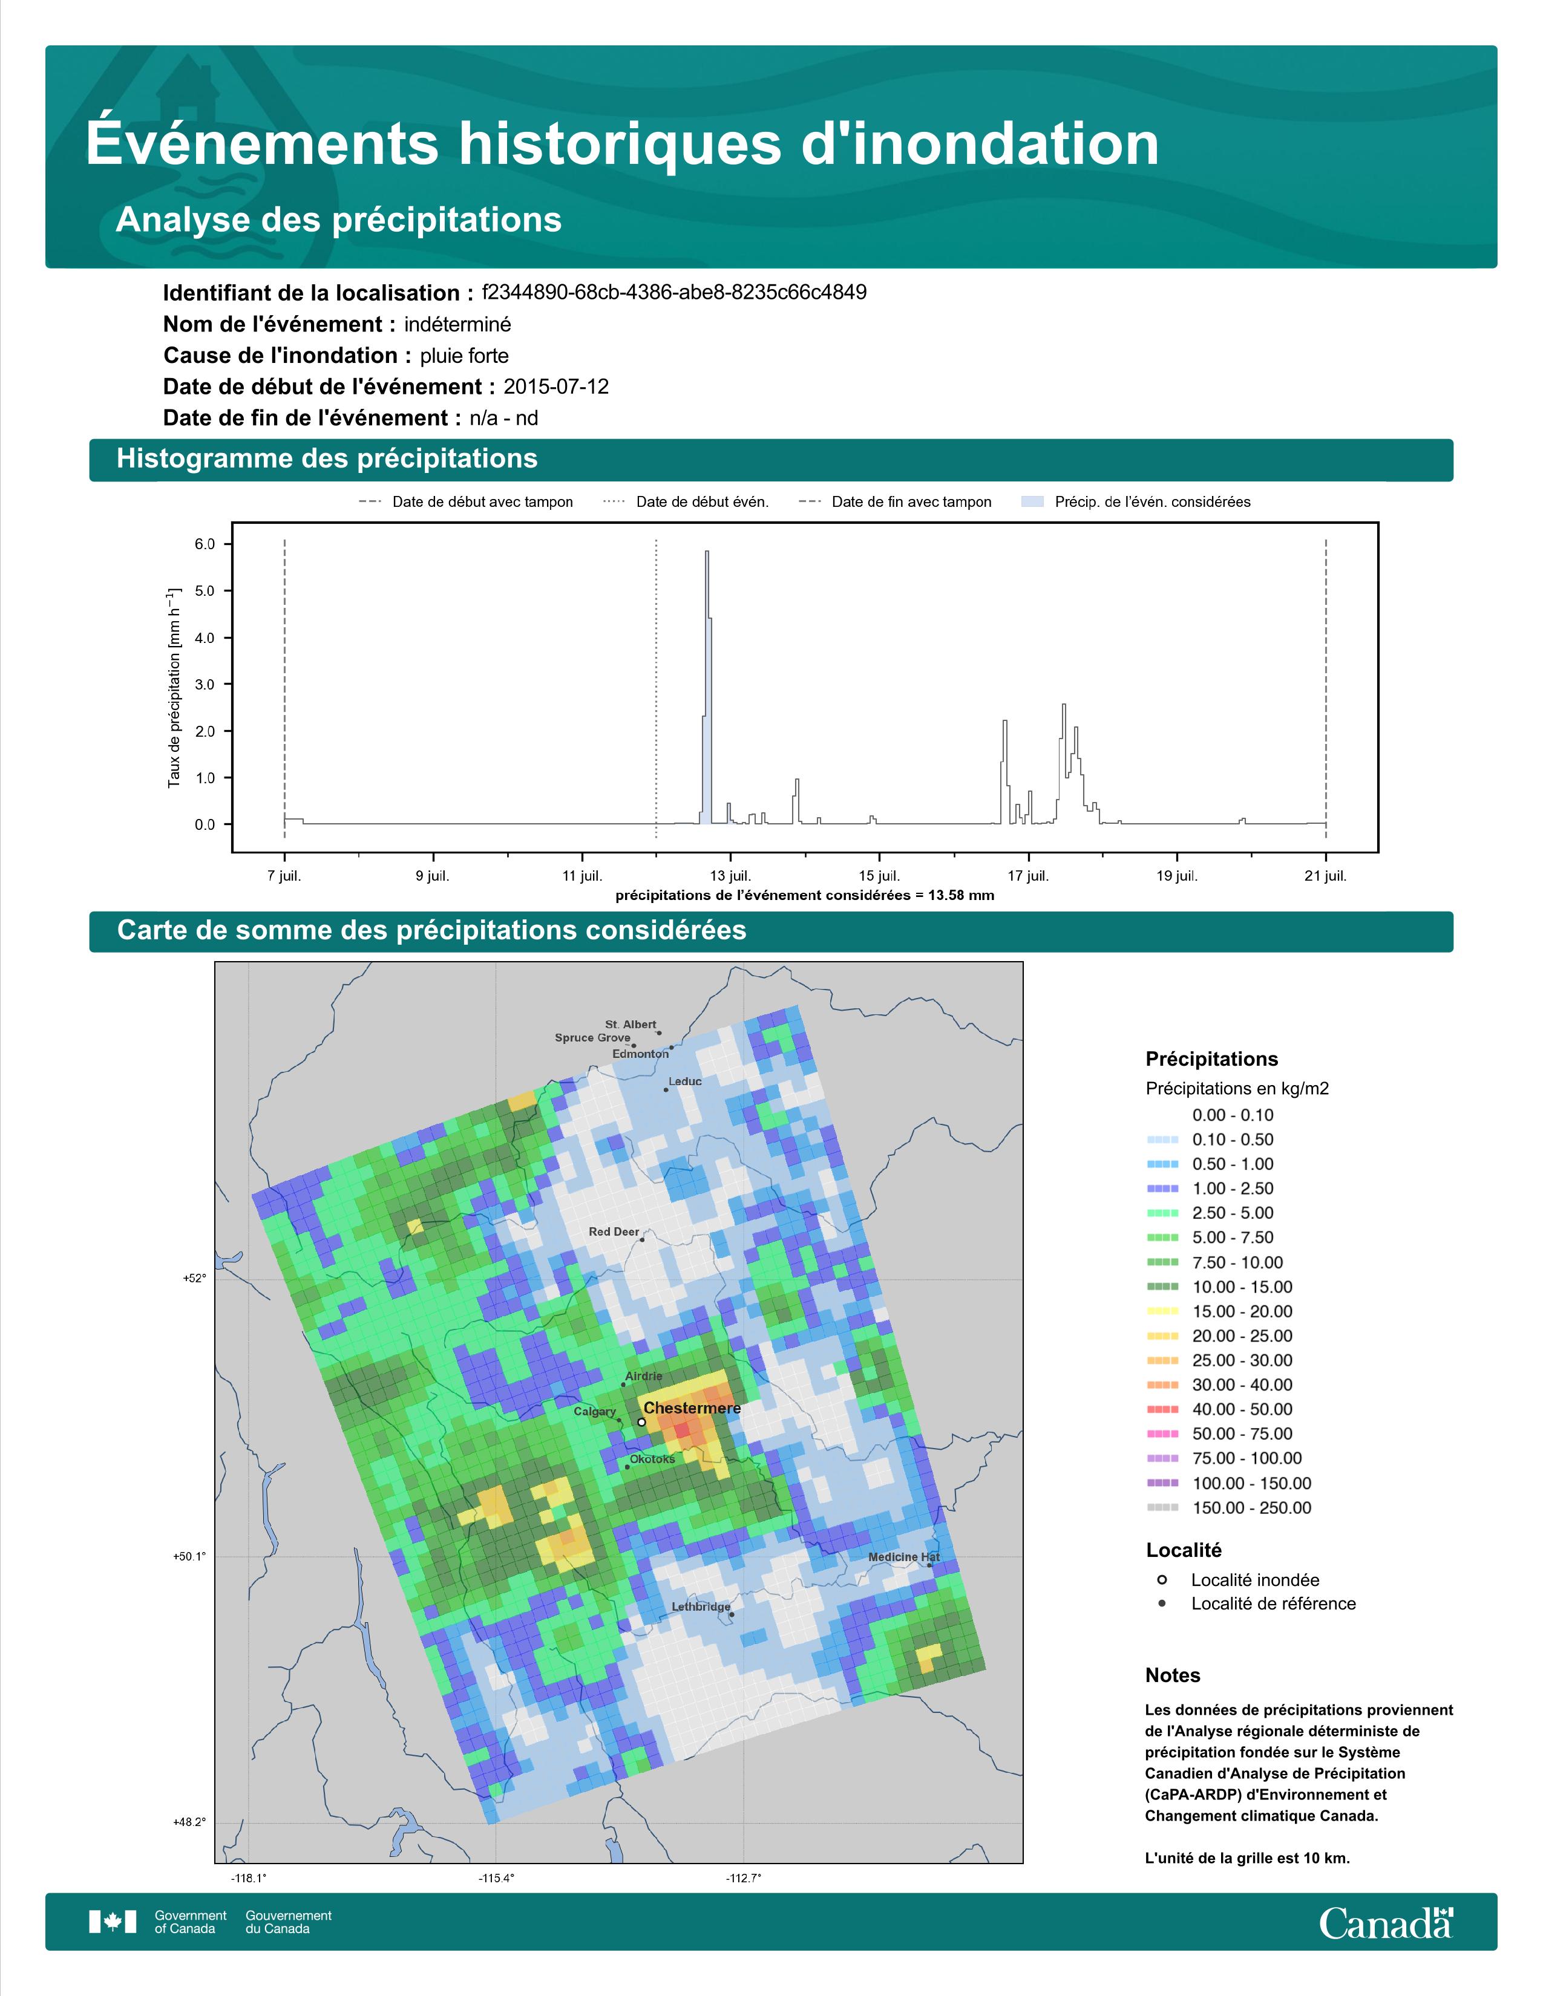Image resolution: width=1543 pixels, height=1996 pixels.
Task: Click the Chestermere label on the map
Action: click(x=692, y=1408)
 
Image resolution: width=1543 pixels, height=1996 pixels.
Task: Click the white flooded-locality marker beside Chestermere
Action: click(x=641, y=1422)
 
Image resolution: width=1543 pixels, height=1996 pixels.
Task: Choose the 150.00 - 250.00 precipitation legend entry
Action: click(x=1251, y=1508)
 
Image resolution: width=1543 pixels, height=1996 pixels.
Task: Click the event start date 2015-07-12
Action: click(x=555, y=386)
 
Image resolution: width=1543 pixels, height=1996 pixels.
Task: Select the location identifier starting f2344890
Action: click(x=673, y=293)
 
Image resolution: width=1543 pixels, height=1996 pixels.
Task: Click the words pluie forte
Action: click(x=464, y=356)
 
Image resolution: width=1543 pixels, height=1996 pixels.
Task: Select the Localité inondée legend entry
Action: click(x=1254, y=1580)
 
